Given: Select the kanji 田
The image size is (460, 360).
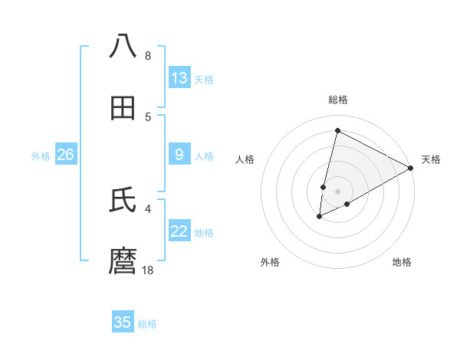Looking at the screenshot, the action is pos(123,109).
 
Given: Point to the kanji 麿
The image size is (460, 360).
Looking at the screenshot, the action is pos(123,262).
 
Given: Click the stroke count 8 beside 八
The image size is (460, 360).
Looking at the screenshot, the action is pos(148,56).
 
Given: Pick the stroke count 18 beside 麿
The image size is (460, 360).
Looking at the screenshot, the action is pos(149,270).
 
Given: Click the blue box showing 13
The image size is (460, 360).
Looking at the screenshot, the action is pos(179,78).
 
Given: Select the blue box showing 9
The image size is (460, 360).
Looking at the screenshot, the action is pos(179,155).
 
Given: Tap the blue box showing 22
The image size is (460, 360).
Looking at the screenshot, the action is pos(179,231).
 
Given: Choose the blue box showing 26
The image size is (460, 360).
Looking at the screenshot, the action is pos(65,155).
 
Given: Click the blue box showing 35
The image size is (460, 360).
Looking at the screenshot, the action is pos(123,322).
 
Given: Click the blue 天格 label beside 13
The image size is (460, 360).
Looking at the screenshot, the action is pos(204,79).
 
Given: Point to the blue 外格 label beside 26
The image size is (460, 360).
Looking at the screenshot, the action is pos(41,155).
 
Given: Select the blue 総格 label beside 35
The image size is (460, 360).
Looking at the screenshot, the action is pos(147,323).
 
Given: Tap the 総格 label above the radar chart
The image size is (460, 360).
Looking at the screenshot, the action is pos(337,100).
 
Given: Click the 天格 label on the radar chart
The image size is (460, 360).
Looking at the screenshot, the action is pos(431,159).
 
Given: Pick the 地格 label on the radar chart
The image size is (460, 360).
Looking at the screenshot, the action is pos(402,262).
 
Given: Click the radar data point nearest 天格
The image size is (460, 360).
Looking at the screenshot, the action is pos(411,168).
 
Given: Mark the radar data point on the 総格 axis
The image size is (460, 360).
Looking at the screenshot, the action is pos(337,131).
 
